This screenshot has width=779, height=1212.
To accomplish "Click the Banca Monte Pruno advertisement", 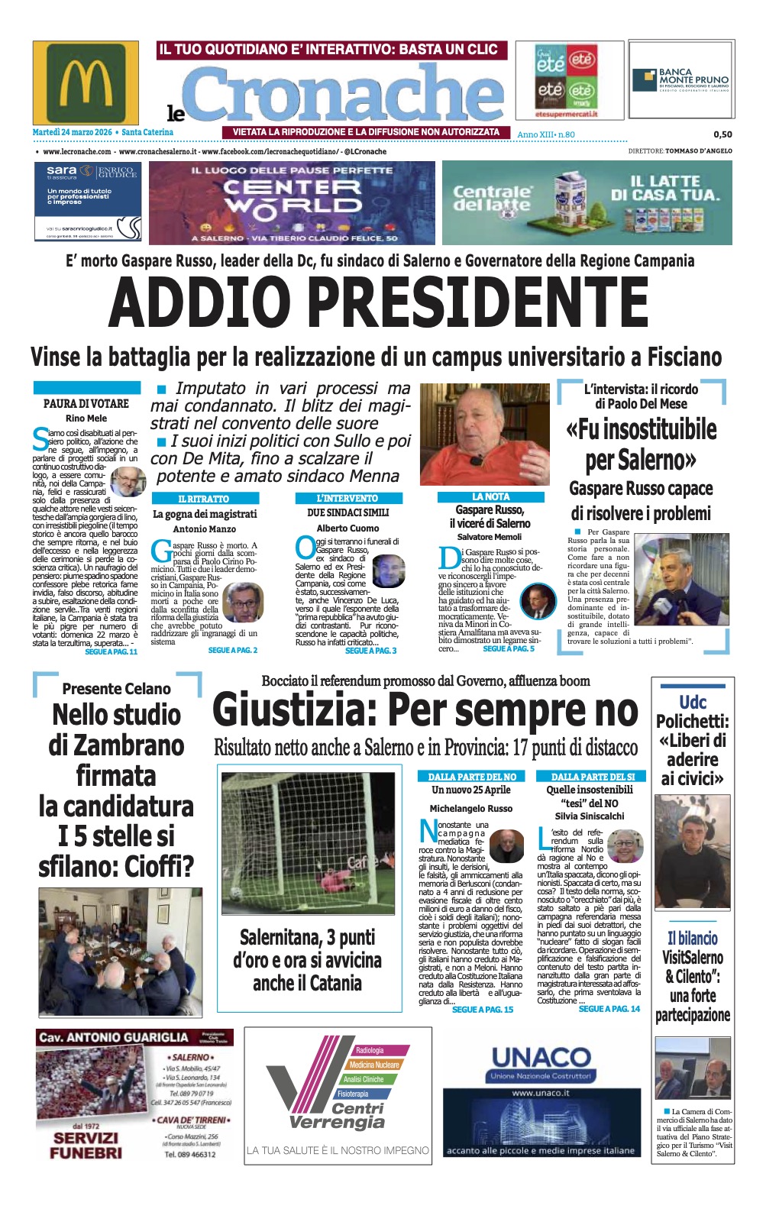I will (x=680, y=79).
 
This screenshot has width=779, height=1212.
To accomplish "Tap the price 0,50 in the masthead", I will (x=722, y=134).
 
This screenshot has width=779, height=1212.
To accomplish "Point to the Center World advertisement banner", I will (x=292, y=202).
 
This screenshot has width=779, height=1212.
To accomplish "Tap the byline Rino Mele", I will (x=86, y=419).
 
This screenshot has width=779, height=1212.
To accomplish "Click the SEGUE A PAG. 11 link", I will (x=112, y=651).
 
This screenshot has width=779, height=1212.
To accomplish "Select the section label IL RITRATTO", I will (x=203, y=499).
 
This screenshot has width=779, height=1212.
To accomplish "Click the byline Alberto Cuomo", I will (x=347, y=528).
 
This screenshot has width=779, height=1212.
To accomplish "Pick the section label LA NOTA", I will (x=490, y=496).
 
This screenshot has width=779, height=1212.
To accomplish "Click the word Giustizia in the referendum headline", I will (x=294, y=710).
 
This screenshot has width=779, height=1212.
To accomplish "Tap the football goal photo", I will (x=308, y=843).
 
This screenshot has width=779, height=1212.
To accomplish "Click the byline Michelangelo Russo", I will (x=470, y=808).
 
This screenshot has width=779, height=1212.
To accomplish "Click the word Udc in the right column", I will (x=693, y=702).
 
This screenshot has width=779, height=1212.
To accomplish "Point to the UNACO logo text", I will (x=541, y=1058).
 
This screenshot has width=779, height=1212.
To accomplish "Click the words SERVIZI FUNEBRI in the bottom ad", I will (x=86, y=1145).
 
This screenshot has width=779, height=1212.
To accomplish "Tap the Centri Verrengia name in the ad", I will (x=338, y=1116).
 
